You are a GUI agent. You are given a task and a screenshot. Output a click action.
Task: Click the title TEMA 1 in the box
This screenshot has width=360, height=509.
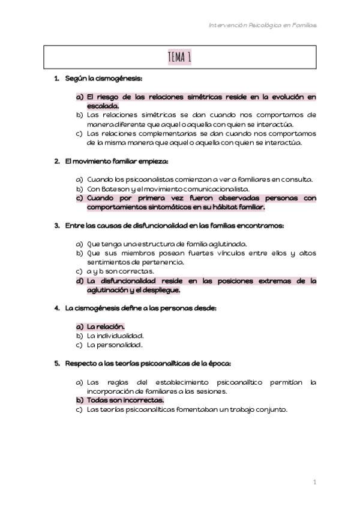point(180,58)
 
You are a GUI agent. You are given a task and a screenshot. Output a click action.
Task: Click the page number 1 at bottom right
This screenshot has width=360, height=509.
point(314,482)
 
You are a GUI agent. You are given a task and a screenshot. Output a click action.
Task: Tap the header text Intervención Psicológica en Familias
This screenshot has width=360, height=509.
point(263,25)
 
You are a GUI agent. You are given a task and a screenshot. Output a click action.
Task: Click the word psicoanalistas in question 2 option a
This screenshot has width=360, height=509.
point(145,179)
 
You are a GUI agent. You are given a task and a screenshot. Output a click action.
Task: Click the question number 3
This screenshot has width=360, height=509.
point(56,226)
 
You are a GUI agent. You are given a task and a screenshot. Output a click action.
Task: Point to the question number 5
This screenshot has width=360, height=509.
point(56,363)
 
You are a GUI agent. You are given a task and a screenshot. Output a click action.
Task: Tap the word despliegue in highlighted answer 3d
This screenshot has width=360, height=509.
point(161,289)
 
